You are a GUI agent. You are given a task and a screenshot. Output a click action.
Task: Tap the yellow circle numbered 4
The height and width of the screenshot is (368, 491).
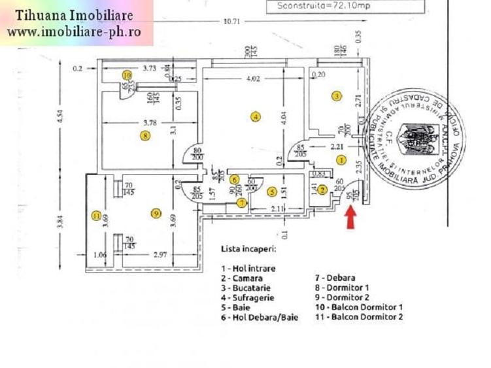coord(256,117)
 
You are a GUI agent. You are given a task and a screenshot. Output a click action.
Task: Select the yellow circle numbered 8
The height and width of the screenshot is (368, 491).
coord(145,136)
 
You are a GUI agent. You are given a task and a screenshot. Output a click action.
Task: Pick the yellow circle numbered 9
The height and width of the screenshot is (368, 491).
coord(155,213)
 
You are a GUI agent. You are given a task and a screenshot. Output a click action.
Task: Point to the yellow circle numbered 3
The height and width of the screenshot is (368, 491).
coord(336,96)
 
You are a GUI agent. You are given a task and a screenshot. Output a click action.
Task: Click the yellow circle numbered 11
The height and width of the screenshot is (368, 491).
coord(96,216)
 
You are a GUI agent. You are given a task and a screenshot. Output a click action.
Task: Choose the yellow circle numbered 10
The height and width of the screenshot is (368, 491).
coord(127,75)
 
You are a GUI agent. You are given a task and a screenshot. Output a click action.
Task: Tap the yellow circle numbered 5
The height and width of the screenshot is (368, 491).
coord(272,192)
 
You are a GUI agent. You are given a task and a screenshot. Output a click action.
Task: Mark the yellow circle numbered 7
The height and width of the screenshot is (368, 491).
coord(243,203)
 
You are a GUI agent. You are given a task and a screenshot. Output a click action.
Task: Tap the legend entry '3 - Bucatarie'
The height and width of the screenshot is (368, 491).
coord(247,288)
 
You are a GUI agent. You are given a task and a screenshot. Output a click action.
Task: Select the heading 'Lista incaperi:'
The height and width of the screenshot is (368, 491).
coord(248,249)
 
